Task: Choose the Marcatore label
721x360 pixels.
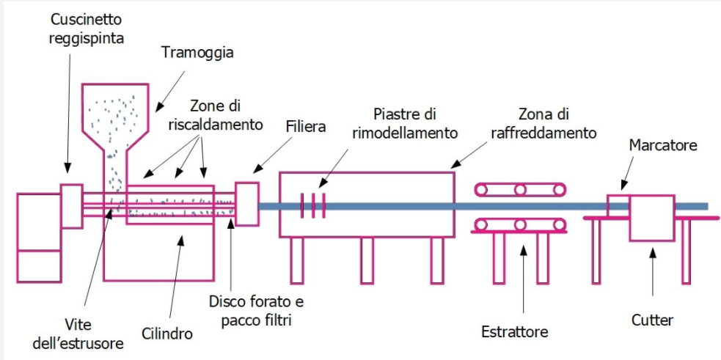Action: [x=663, y=145]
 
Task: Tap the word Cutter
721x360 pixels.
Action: [x=653, y=320]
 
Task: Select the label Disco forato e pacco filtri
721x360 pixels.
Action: [x=256, y=312]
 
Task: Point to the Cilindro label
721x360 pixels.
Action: [x=168, y=334]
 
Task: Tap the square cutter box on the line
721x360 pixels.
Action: [x=651, y=217]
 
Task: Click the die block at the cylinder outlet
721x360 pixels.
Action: [x=246, y=203]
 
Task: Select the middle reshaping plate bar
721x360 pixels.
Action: [x=312, y=206]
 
